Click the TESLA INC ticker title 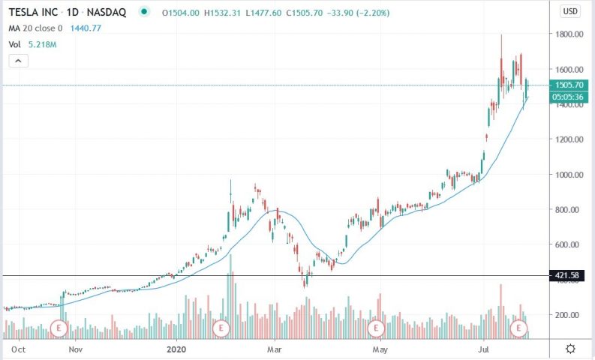point(35,11)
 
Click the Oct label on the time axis point(20,349)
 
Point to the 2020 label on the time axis point(176,349)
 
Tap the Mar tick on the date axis point(275,349)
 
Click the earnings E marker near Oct point(60,328)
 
